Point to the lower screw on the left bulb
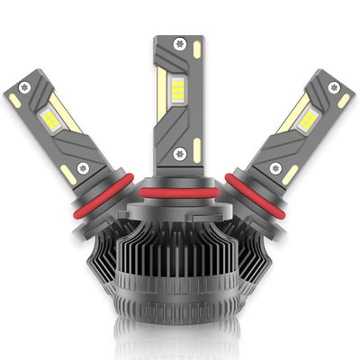pyautogui.click(x=84, y=166)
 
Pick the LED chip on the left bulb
pyautogui.click(x=48, y=119)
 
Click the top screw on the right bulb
pyautogui.click(x=335, y=87)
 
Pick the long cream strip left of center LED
pyautogui.click(x=162, y=94)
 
